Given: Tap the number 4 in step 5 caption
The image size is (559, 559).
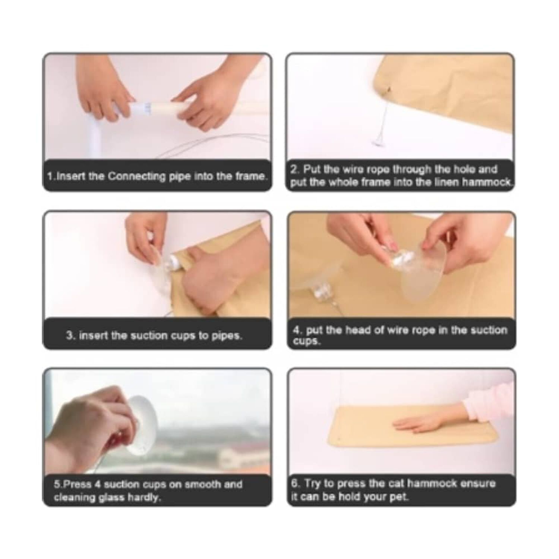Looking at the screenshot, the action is pos(98,484).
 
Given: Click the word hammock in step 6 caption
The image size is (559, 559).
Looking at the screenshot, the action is pos(432,483).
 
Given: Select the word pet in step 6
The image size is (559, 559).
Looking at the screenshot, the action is pos(400,497).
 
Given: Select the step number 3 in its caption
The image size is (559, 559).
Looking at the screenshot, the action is pos(69,335).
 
